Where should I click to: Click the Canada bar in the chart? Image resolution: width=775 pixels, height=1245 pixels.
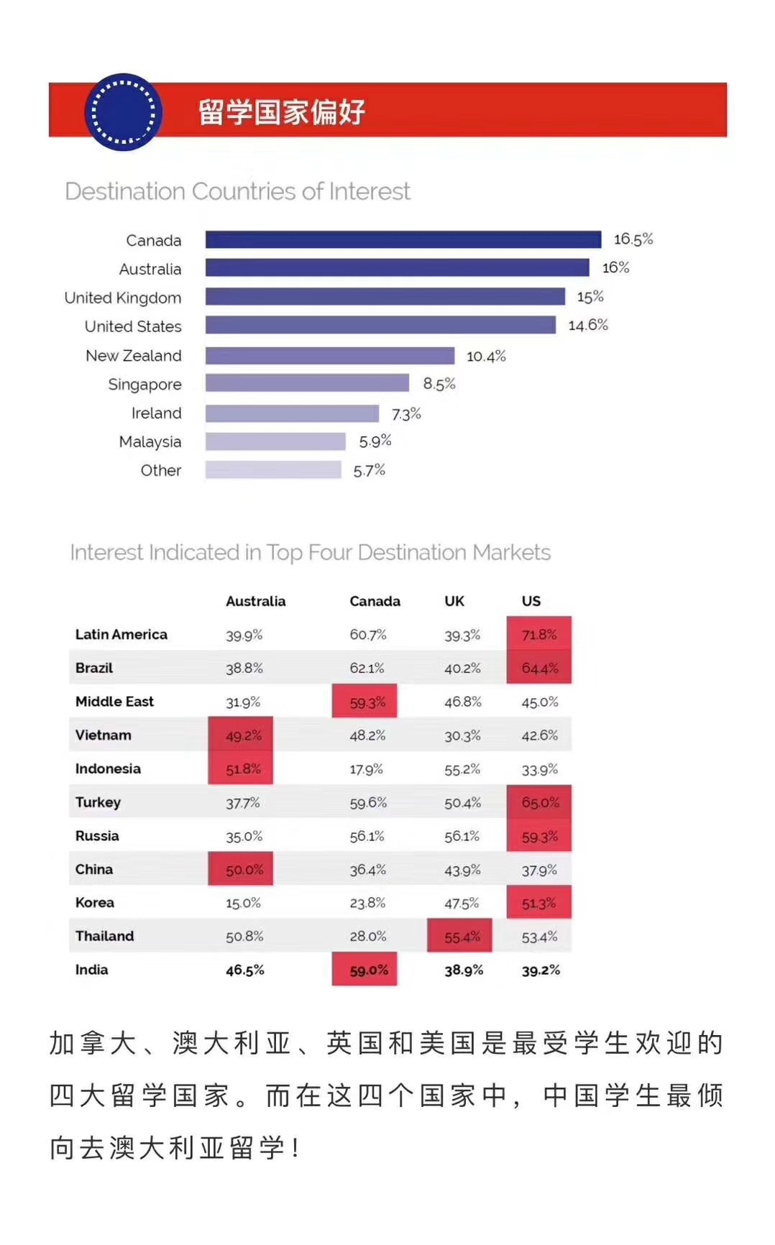click(403, 239)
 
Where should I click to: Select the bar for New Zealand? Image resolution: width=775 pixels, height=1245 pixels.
click(329, 356)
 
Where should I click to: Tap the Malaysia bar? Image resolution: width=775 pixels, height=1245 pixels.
click(275, 441)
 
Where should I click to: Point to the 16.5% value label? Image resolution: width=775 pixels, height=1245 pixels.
click(633, 239)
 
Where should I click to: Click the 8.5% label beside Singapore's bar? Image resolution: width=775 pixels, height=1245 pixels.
click(439, 384)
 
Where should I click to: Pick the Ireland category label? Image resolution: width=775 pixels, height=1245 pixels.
click(156, 413)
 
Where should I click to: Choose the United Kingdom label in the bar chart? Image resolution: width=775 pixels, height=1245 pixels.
click(123, 298)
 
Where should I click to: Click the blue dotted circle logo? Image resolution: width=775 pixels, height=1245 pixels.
click(124, 112)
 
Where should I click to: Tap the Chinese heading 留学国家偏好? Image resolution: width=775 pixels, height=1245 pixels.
click(282, 112)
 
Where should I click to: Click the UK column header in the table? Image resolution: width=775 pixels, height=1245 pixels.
click(454, 601)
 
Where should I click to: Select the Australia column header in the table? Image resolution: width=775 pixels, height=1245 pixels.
click(255, 601)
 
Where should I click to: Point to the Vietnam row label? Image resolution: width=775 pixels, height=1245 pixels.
click(104, 735)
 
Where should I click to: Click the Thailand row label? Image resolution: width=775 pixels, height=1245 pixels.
click(104, 936)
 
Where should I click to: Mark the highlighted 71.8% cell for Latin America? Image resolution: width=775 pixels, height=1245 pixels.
click(539, 634)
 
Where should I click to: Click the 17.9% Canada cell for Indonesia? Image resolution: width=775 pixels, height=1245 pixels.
click(367, 769)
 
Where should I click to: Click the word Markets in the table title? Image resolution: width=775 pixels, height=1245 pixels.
click(512, 552)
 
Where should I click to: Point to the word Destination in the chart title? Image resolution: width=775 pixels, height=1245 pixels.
click(125, 191)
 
